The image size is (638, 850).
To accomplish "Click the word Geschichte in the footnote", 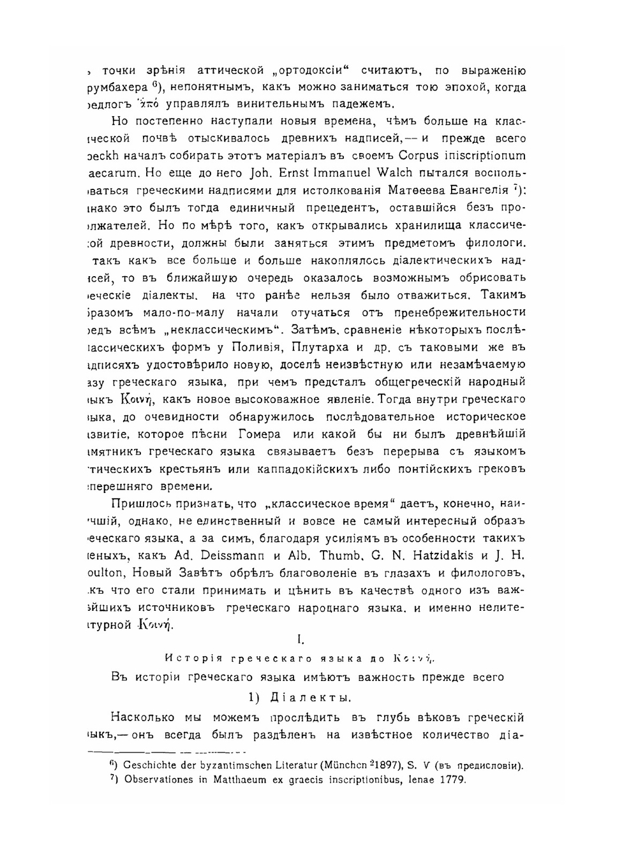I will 153,765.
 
